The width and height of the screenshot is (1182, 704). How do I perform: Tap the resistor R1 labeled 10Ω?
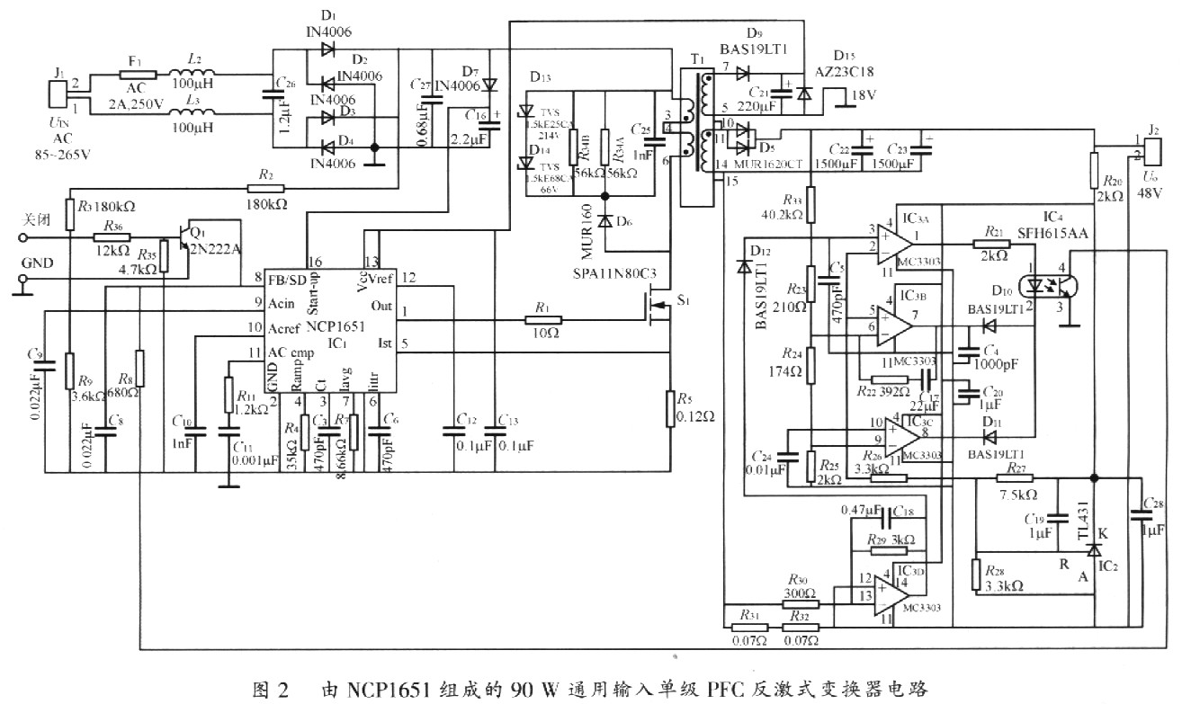[542, 319]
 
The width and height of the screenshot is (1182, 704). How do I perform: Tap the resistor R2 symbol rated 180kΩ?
[266, 189]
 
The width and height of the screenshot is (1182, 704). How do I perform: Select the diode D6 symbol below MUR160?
[604, 220]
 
